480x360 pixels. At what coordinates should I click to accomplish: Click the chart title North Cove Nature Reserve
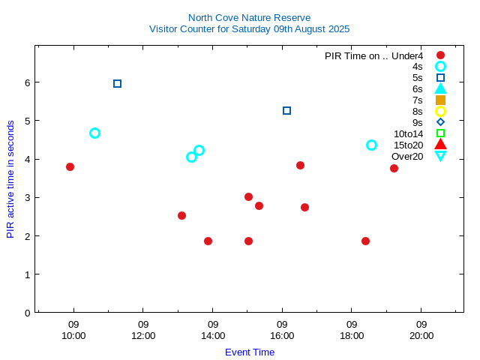[x=249, y=17]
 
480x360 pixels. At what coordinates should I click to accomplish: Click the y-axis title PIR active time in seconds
[x=10, y=179]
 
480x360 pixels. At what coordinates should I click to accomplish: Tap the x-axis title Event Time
[x=249, y=352]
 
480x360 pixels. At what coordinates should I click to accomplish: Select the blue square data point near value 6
[x=117, y=83]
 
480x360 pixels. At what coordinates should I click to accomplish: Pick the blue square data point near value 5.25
[x=286, y=110]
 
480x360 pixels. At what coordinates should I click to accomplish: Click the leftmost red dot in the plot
[x=70, y=166]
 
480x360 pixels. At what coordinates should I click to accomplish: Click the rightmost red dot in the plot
[x=394, y=168]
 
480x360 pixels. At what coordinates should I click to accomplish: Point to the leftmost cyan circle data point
[x=94, y=133]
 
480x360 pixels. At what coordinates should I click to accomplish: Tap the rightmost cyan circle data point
[x=371, y=145]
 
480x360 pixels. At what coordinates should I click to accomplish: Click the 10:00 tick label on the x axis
[x=73, y=335]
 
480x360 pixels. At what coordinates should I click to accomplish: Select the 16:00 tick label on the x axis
[x=282, y=335]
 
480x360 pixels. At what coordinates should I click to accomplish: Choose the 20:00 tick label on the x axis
[x=421, y=335]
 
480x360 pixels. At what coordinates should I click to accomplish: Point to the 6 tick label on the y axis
[x=26, y=82]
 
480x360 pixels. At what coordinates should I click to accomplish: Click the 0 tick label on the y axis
[x=26, y=312]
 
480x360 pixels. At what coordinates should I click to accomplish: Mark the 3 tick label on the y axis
[x=26, y=197]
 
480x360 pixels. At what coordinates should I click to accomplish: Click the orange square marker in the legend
[x=440, y=100]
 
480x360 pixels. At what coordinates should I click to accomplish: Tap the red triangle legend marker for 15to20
[x=440, y=144]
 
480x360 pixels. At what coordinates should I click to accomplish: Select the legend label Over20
[x=407, y=156]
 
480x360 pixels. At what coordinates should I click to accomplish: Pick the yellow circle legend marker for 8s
[x=440, y=111]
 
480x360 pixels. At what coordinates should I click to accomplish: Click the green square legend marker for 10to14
[x=440, y=133]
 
